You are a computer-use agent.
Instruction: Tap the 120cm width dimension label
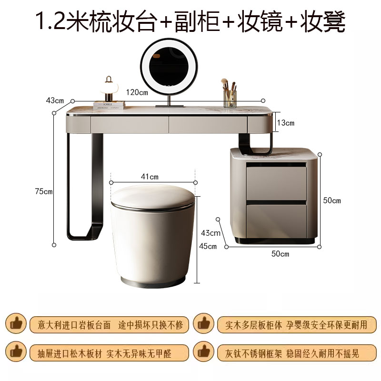(x=137, y=92)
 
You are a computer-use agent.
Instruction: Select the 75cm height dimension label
(x=44, y=191)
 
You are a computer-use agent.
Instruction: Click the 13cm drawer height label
(x=285, y=123)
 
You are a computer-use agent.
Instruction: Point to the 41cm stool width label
(x=150, y=176)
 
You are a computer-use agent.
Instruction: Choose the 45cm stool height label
(x=208, y=246)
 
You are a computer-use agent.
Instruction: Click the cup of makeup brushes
(x=230, y=93)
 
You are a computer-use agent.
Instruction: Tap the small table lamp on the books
(x=109, y=89)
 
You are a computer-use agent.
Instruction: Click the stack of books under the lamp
(x=109, y=106)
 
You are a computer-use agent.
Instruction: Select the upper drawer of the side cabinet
(x=276, y=183)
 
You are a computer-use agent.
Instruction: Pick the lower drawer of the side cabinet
(x=276, y=221)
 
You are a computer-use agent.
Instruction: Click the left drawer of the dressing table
(x=130, y=124)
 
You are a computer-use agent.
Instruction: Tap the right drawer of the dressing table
(x=208, y=124)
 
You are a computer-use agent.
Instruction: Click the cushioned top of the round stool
(x=153, y=197)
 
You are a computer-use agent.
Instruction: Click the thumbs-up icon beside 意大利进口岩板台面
(x=16, y=323)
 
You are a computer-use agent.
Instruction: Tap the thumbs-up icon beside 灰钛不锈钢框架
(x=203, y=351)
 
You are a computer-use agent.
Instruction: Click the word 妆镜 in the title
(x=260, y=21)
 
